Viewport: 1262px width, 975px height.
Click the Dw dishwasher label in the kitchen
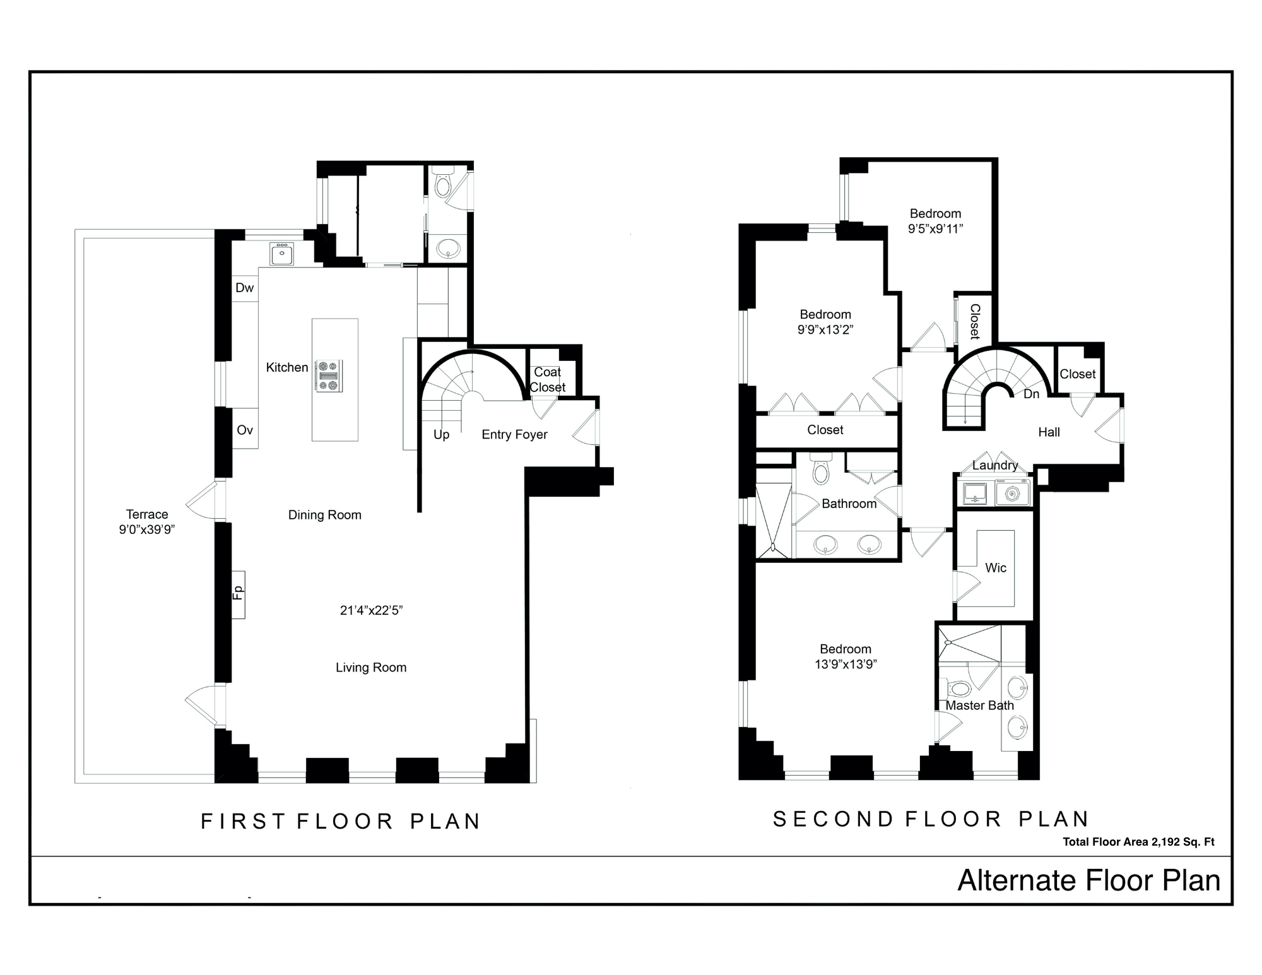[244, 288]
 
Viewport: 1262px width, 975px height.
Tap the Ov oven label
[244, 430]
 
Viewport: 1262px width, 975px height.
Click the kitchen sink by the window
[281, 254]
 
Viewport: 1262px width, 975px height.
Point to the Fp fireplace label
[238, 593]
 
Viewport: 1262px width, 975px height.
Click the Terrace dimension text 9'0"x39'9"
[146, 529]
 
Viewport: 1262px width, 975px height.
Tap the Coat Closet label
[547, 380]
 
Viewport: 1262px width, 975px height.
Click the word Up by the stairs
[441, 435]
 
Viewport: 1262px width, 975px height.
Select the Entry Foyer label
[514, 435]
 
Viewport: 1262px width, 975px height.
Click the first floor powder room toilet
[444, 185]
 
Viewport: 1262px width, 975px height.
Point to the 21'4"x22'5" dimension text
[371, 610]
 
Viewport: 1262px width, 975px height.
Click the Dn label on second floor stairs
[1031, 394]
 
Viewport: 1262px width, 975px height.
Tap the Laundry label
[995, 466]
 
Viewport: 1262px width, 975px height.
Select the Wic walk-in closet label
[996, 568]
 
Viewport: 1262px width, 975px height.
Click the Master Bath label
[979, 706]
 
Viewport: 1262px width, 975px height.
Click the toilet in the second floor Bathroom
[821, 471]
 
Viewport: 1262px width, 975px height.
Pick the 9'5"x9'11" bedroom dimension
[935, 229]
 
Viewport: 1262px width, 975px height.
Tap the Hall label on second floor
[1049, 432]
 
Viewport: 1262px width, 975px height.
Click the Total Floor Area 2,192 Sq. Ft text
[1138, 842]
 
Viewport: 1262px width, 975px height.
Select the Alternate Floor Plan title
[1088, 881]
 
